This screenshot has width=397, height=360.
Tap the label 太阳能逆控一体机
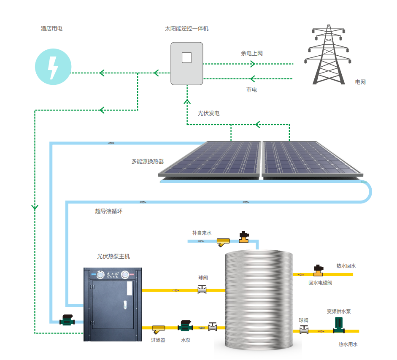(186, 29)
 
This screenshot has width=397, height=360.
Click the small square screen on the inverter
(187, 57)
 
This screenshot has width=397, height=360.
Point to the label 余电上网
(252, 54)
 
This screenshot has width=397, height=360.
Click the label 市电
(251, 90)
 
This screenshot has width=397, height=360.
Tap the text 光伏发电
(208, 114)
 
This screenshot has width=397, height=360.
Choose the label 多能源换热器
(148, 161)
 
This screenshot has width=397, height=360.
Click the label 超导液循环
(109, 211)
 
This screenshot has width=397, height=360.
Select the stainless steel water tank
(259, 302)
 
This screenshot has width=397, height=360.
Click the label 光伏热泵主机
(113, 256)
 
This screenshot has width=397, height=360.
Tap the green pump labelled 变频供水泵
(339, 325)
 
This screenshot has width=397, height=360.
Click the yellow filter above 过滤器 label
(159, 328)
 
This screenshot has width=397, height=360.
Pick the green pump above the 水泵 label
(185, 326)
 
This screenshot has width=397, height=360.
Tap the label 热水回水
(346, 266)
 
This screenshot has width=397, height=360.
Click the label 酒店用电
(51, 29)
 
